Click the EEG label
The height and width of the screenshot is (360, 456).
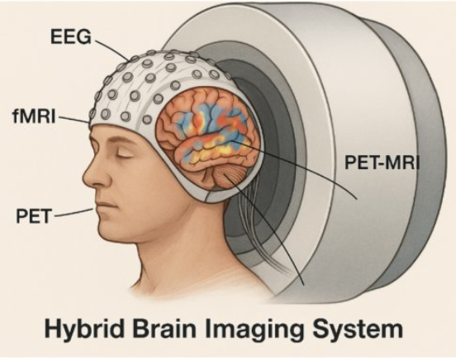71,37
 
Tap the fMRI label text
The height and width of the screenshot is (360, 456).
34,116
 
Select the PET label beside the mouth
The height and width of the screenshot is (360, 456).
33,216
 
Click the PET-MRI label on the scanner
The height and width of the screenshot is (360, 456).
382,163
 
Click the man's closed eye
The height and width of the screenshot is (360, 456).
124,154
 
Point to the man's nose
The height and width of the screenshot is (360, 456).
94,174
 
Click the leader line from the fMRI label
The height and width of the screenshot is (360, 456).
74,120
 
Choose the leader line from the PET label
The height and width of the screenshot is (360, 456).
74,212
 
